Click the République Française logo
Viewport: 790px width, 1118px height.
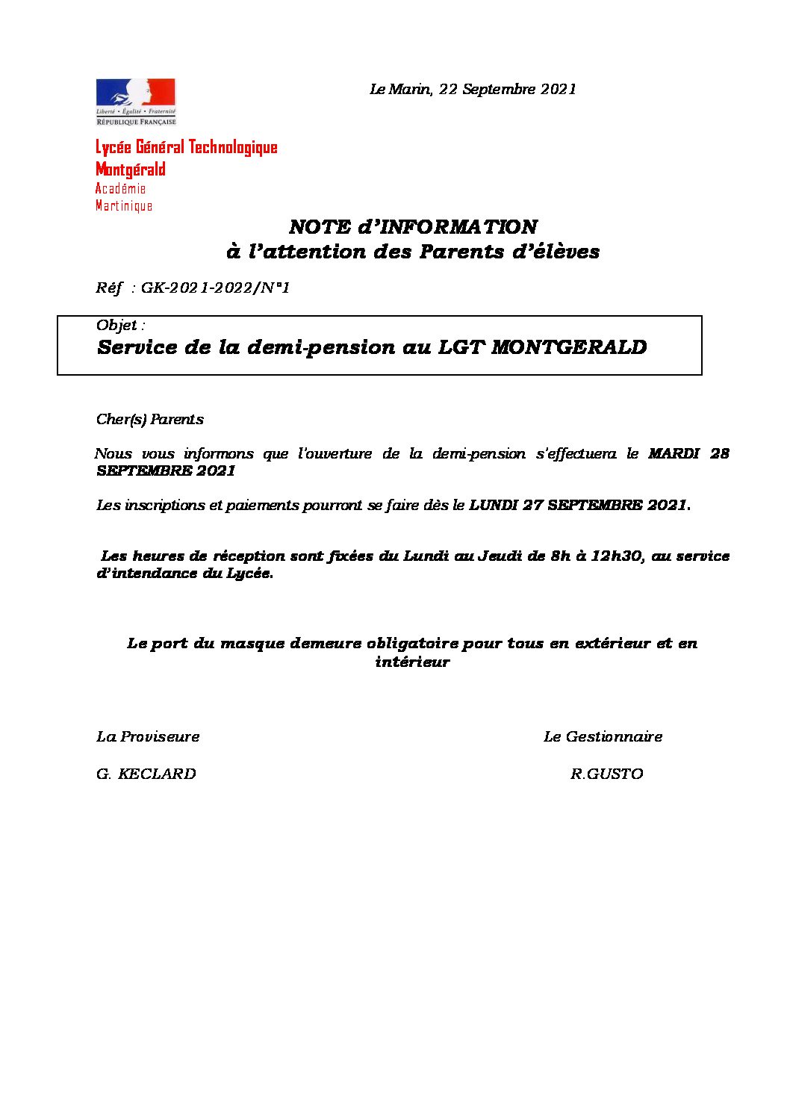pos(136,102)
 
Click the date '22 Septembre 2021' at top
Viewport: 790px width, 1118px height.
pos(508,90)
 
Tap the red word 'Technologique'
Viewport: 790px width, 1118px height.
pos(232,147)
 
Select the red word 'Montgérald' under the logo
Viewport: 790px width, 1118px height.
pos(131,170)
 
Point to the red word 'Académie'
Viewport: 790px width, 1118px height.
pos(121,189)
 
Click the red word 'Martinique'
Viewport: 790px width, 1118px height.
pos(124,206)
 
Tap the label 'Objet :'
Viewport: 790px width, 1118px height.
pos(120,326)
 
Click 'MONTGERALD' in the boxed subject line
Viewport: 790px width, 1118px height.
pos(569,347)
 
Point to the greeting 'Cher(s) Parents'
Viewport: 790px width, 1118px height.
pos(150,420)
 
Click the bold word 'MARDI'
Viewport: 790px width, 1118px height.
pos(674,453)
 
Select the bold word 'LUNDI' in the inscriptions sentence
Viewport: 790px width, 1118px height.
pos(494,506)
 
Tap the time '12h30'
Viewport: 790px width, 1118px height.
pos(617,556)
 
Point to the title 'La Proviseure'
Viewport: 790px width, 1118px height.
pos(148,737)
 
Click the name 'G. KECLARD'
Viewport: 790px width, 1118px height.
pos(146,774)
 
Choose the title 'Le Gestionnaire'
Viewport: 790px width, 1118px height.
pos(603,737)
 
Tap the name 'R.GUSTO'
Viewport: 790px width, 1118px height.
pos(606,774)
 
